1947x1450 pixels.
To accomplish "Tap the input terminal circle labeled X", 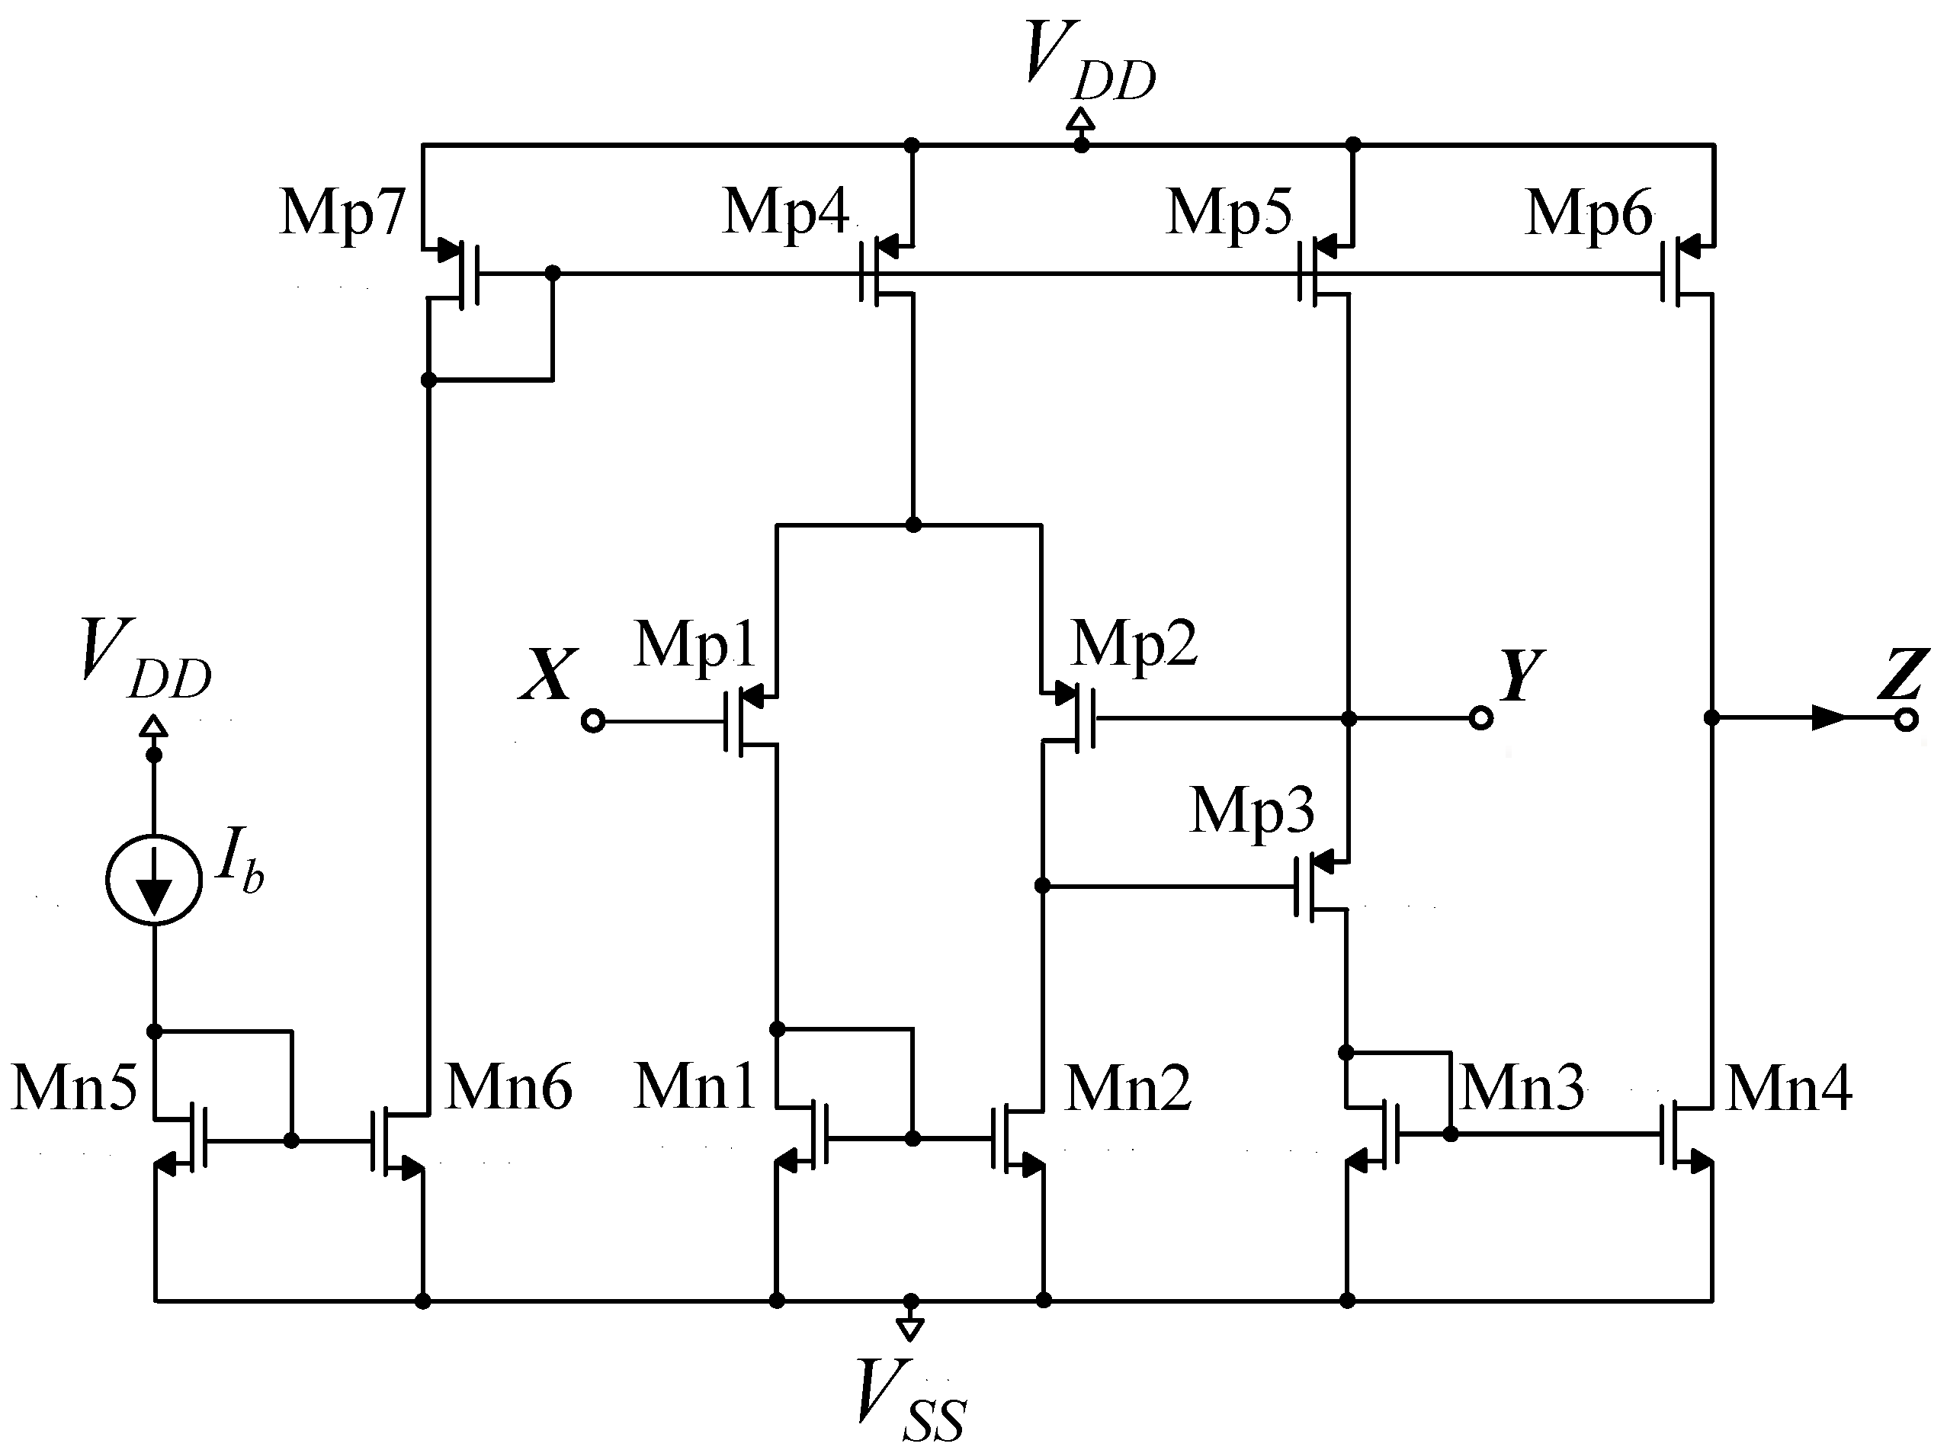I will pos(593,721).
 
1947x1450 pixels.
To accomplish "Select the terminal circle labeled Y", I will pos(1481,719).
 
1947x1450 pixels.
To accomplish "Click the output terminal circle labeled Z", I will pos(1906,720).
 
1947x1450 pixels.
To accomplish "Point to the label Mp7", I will pos(342,214).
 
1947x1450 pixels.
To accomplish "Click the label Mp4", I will pos(786,214).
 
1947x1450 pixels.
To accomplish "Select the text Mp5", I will pos(1229,214).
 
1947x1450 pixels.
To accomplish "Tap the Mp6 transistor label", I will pos(1589,214).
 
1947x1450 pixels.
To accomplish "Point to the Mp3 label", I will pos(1252,812).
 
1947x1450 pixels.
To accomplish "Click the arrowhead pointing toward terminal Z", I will pos(1829,718).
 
